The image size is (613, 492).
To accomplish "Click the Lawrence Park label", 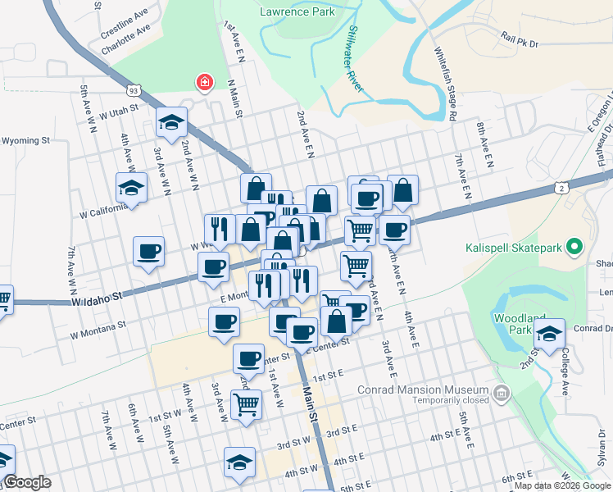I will click(x=297, y=11).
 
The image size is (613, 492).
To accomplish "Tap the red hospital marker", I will click(x=202, y=83).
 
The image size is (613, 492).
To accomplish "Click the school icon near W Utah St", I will click(x=171, y=122).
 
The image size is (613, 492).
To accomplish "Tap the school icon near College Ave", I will click(x=550, y=333).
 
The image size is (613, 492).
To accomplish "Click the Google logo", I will click(x=26, y=482).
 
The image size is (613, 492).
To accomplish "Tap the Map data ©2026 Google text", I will click(x=562, y=485).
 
